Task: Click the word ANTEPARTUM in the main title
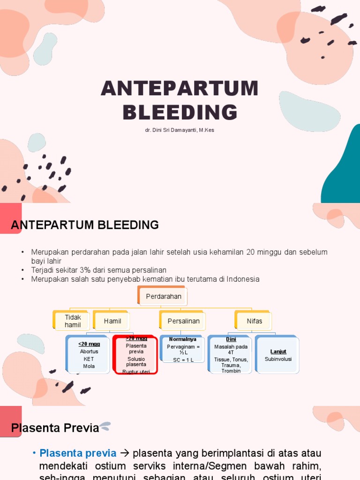(x=180, y=89)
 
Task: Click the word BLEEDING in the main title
(x=180, y=112)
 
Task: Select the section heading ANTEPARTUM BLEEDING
(x=85, y=225)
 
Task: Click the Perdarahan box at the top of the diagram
(x=164, y=297)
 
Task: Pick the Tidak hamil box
(x=73, y=321)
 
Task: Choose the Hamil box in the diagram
(x=112, y=321)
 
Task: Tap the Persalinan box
(x=183, y=321)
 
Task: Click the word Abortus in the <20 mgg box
(x=89, y=352)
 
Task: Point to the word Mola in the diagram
(x=89, y=366)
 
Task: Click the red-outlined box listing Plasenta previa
(x=135, y=355)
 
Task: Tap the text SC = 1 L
(x=183, y=360)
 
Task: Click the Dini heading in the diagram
(x=231, y=339)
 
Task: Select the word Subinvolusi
(x=278, y=359)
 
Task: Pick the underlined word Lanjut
(x=278, y=352)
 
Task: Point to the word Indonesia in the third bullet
(x=243, y=279)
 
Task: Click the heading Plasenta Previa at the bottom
(x=55, y=427)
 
